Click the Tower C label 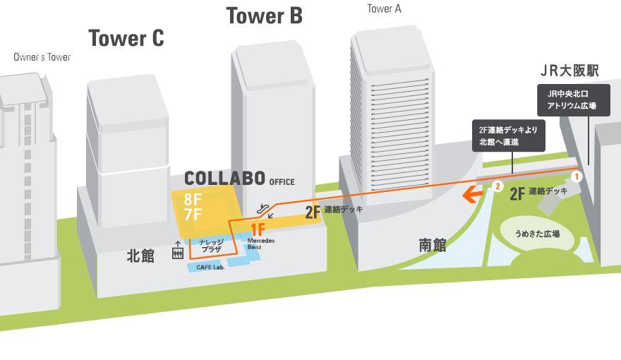126,38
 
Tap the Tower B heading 264,16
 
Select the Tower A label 384,9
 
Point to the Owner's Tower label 42,56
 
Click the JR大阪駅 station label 569,71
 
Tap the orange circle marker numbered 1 576,175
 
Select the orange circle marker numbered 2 498,186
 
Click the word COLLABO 224,178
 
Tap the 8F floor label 193,199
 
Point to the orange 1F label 258,229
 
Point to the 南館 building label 433,245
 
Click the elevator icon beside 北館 177,252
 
